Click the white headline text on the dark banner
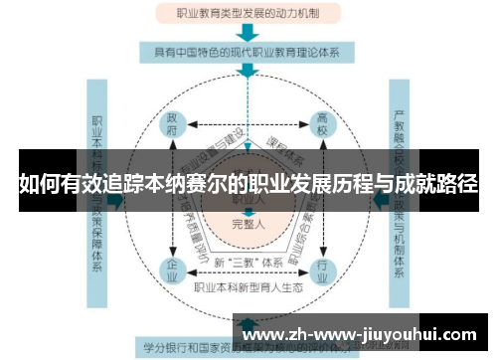pyautogui.click(x=248, y=183)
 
